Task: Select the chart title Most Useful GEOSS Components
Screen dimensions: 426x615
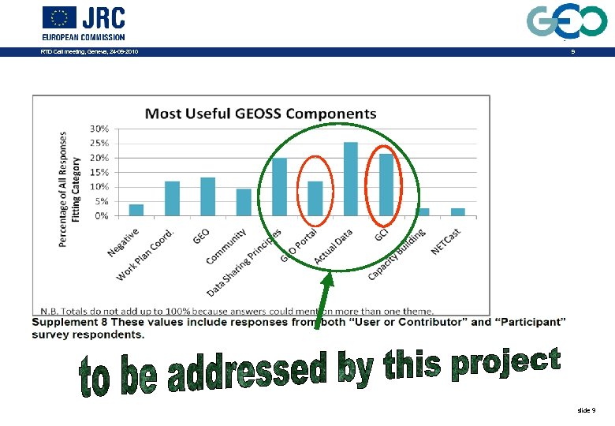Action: click(x=260, y=114)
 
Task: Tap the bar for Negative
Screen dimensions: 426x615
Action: click(x=136, y=211)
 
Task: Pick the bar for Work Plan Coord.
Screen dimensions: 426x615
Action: click(x=172, y=199)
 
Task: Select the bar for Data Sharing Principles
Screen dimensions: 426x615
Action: click(x=279, y=187)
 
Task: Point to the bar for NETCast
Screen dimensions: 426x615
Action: click(x=457, y=212)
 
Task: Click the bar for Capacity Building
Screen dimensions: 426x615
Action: click(x=423, y=212)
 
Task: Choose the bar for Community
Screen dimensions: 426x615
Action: click(x=244, y=203)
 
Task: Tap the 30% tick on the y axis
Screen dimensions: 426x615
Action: click(x=99, y=129)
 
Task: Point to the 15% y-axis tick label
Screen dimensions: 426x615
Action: click(x=99, y=173)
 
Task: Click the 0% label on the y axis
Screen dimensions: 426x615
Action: click(x=102, y=216)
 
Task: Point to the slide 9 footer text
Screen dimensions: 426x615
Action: click(x=587, y=411)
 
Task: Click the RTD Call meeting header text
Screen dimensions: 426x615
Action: click(x=89, y=52)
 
